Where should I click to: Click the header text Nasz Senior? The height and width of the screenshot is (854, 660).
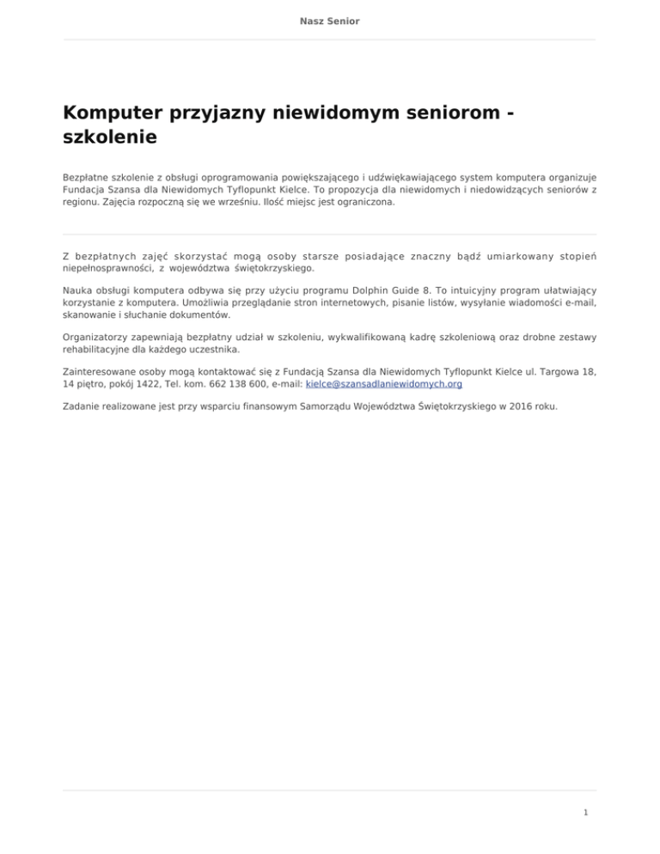coord(330,20)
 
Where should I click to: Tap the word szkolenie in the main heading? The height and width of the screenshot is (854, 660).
coord(109,137)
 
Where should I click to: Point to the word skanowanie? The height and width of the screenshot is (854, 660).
coord(89,316)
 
